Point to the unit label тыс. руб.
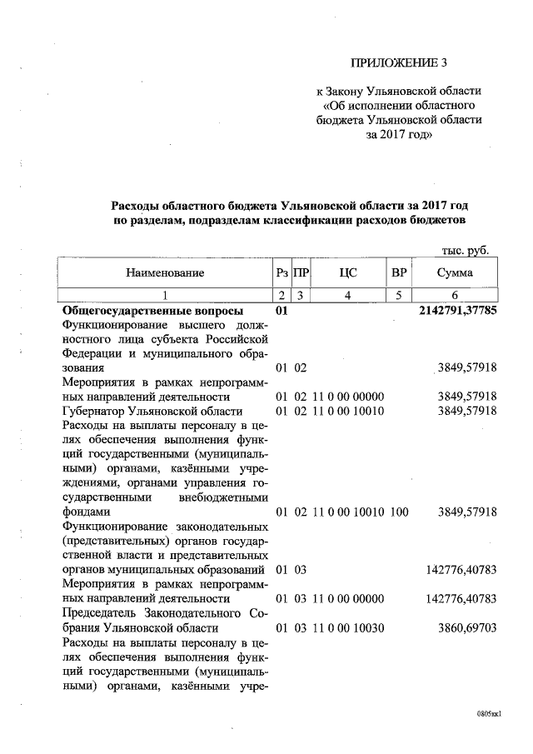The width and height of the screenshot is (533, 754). coord(464,251)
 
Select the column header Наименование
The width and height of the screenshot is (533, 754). coord(165,272)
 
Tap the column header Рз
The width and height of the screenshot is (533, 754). coord(281,272)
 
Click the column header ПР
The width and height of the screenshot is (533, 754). coord(301,272)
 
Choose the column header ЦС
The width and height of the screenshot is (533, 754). coord(348,272)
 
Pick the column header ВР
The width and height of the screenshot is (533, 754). coord(399,272)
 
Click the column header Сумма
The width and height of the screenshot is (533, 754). coord(455,272)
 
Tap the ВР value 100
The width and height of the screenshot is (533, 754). coord(399,512)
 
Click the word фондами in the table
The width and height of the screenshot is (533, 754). coord(86,512)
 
